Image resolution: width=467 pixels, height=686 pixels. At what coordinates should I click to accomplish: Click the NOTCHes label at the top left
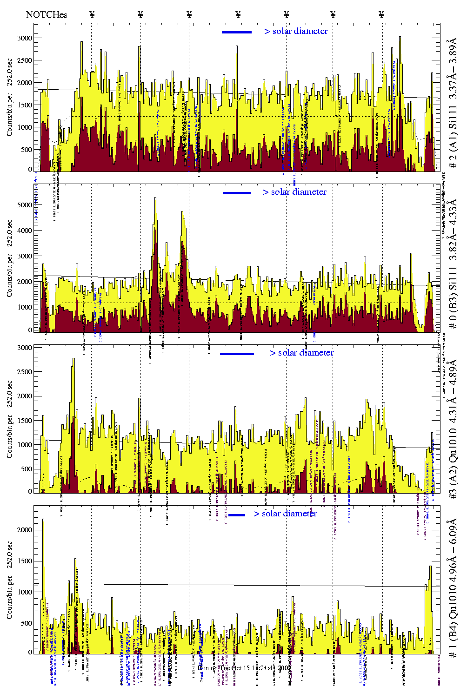point(47,14)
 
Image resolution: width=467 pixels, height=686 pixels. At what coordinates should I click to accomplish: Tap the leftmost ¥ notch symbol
point(92,14)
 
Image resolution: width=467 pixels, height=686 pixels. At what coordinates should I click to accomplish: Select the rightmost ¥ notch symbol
point(381,14)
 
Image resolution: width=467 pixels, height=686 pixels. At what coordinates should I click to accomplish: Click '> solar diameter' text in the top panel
point(296,31)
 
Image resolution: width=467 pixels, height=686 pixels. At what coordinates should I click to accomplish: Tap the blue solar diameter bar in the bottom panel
point(237,515)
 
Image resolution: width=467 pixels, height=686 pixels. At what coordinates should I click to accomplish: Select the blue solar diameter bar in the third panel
point(237,354)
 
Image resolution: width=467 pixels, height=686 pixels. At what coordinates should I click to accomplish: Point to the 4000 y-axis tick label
point(24,231)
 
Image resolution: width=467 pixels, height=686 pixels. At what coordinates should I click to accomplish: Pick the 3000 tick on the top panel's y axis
point(24,38)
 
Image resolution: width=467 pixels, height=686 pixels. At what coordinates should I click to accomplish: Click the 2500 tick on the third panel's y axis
point(24,372)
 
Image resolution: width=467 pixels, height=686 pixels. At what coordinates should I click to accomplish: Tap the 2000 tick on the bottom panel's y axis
point(24,530)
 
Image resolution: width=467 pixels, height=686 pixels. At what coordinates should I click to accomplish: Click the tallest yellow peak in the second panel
point(155,199)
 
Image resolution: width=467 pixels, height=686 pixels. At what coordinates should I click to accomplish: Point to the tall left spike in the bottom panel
point(43,521)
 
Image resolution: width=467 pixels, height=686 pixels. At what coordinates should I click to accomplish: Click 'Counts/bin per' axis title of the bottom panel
point(10,597)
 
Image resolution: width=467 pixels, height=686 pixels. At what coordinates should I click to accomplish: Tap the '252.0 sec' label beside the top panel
point(10,72)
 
